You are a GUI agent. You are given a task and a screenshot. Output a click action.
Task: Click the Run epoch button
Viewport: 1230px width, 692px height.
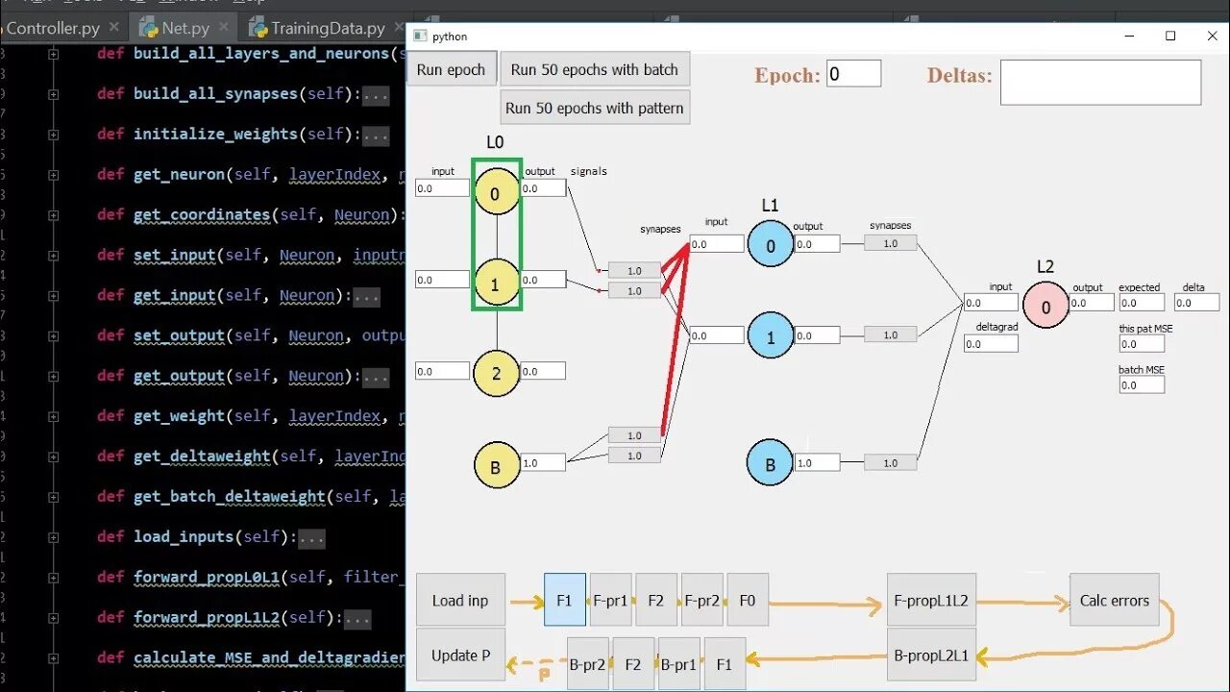coord(452,69)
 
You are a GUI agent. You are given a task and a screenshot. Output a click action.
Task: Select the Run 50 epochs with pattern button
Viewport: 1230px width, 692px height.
coord(595,108)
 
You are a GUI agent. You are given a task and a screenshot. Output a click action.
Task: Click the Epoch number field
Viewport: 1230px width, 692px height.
coord(853,74)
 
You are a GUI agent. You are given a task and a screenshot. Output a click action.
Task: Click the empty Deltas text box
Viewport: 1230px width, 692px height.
coord(1100,83)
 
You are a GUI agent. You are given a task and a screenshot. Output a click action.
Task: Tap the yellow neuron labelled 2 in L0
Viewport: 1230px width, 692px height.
coord(496,373)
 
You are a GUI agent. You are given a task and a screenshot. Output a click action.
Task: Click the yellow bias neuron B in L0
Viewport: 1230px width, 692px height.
coord(496,466)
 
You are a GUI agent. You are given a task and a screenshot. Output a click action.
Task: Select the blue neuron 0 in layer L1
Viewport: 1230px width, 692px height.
coord(771,245)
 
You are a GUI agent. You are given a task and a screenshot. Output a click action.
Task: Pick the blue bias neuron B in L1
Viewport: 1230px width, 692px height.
coord(770,463)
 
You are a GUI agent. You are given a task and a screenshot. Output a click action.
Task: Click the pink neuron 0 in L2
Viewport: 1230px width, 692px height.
coord(1045,307)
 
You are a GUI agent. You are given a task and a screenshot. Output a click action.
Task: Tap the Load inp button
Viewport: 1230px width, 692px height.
coord(460,601)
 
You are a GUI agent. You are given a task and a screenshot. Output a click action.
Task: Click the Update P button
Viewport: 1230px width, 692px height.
coord(460,655)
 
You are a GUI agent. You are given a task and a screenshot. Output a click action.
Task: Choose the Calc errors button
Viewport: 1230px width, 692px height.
coord(1115,601)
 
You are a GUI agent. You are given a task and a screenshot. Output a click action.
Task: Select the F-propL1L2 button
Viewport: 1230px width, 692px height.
coord(931,601)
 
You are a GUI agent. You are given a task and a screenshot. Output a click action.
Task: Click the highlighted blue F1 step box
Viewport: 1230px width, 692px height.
coord(564,601)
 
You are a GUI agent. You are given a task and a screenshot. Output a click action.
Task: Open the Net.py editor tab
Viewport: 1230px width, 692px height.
coord(185,28)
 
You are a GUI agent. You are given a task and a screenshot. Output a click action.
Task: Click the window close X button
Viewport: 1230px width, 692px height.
coord(1212,37)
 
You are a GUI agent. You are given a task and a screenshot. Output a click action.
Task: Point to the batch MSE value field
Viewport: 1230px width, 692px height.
coord(1142,385)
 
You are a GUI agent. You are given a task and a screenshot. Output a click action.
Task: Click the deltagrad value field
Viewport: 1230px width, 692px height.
coord(991,343)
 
